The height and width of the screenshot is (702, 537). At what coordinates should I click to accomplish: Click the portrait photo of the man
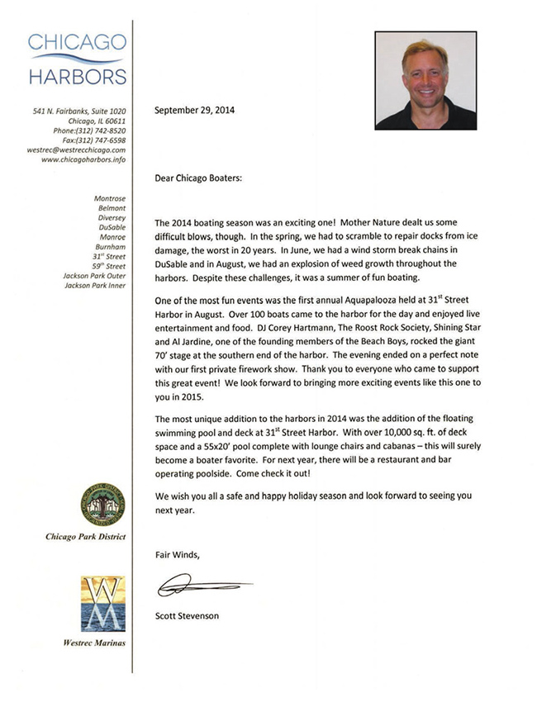(x=425, y=80)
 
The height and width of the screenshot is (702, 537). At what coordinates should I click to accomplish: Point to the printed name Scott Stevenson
(x=187, y=615)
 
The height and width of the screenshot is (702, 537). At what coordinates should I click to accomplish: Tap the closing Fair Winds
(x=177, y=555)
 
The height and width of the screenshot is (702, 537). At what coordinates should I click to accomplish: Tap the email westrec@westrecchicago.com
(x=76, y=150)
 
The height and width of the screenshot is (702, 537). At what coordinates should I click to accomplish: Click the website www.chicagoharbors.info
(x=83, y=160)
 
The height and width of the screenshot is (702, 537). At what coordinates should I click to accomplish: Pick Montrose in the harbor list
(x=110, y=198)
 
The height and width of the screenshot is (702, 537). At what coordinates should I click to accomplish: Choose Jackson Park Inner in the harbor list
(x=95, y=286)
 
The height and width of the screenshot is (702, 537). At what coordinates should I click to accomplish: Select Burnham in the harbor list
(x=111, y=246)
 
